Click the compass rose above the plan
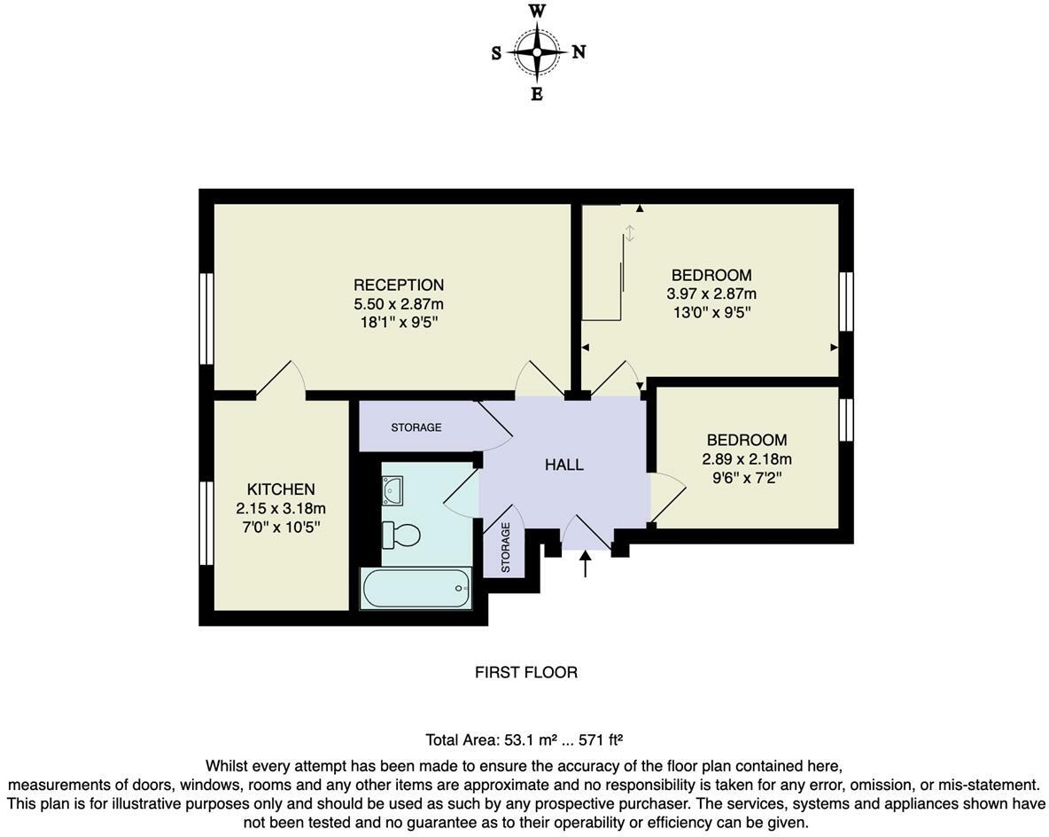tap(537, 53)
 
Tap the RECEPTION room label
tap(399, 286)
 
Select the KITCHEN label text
tap(281, 489)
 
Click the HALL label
tap(564, 465)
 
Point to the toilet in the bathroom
tap(401, 535)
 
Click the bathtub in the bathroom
tap(416, 589)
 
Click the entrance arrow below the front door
tap(585, 565)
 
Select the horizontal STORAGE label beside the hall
tap(416, 427)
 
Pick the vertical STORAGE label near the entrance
tap(506, 547)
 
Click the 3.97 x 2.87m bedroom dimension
tap(711, 293)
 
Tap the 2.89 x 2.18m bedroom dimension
tap(747, 459)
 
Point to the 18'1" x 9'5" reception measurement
tap(399, 322)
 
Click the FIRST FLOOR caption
tap(526, 672)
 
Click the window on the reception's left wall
tap(206, 318)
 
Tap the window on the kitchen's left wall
tap(206, 523)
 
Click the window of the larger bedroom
tap(846, 301)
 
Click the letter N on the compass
tap(579, 52)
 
